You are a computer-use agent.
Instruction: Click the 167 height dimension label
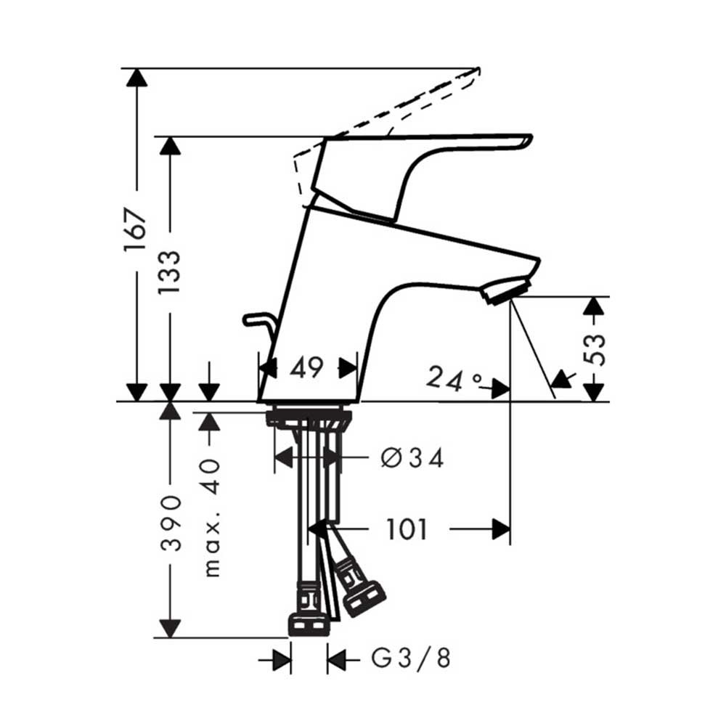pyautogui.click(x=135, y=231)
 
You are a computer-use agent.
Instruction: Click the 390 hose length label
pyautogui.click(x=170, y=523)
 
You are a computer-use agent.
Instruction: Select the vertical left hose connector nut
pyautogui.click(x=309, y=623)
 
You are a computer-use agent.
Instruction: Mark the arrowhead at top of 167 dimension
pyautogui.click(x=136, y=76)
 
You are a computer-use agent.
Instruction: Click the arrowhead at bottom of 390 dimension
pyautogui.click(x=170, y=628)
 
